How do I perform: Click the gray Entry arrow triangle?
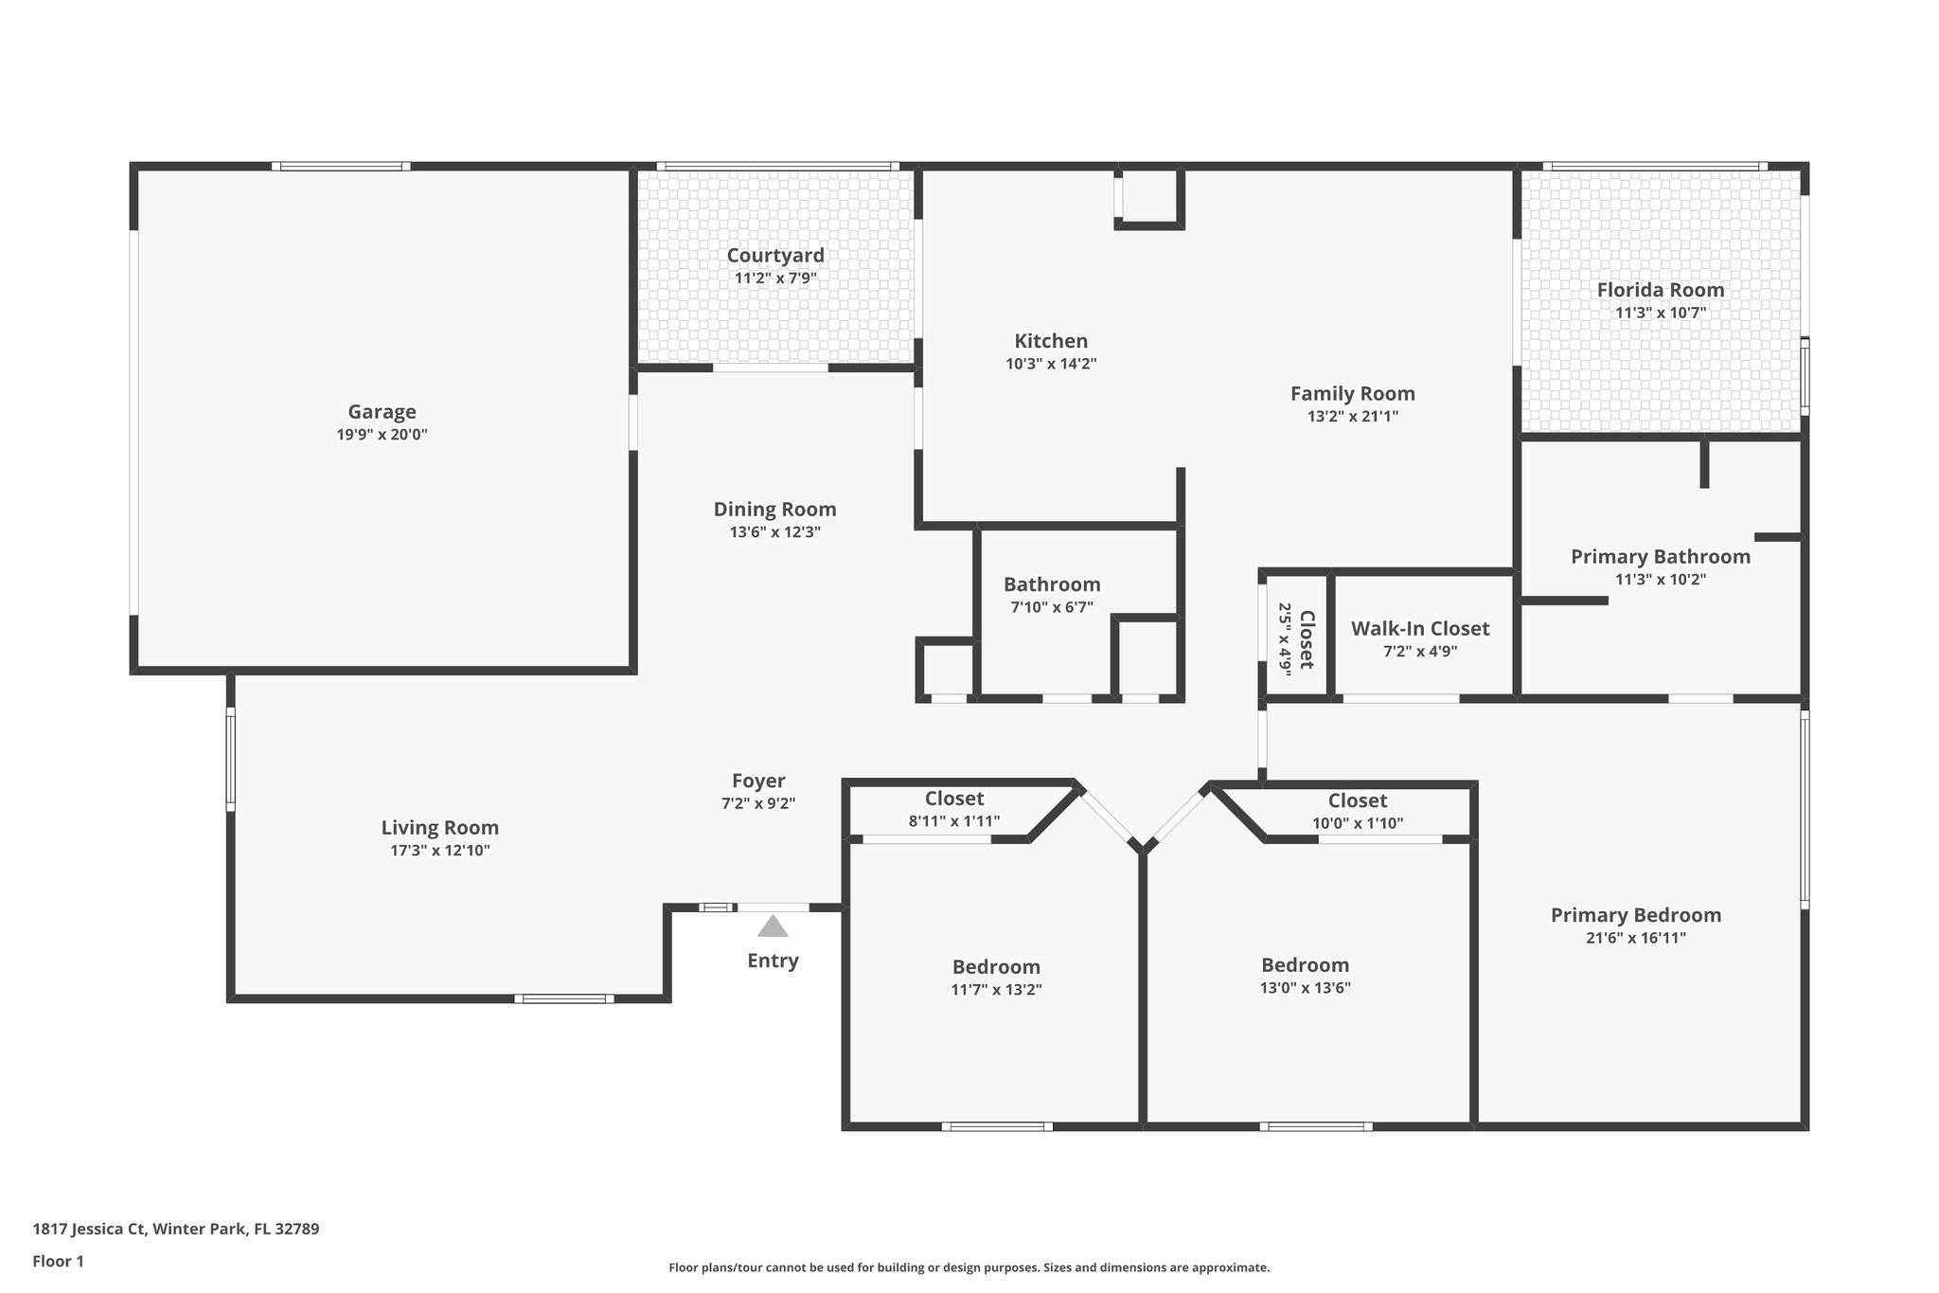[x=773, y=926]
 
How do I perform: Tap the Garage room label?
[x=382, y=412]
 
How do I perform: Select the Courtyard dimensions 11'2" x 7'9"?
[x=775, y=278]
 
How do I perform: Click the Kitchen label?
[x=1051, y=341]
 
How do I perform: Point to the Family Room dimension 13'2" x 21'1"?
[x=1352, y=416]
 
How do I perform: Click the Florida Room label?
[x=1661, y=290]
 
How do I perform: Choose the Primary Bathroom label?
[x=1661, y=557]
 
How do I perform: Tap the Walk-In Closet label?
[x=1419, y=629]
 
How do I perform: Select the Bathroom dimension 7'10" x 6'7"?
[x=1052, y=607]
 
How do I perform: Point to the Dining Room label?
[x=774, y=510]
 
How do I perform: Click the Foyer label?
[x=758, y=781]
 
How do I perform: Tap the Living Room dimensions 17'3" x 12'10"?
[x=440, y=851]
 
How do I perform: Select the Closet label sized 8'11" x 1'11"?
[x=954, y=799]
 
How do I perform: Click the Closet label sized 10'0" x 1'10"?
[x=1357, y=801]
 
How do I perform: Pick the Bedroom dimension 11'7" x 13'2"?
[x=996, y=990]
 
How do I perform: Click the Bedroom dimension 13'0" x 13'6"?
[x=1305, y=988]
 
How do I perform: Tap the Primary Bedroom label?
[x=1635, y=915]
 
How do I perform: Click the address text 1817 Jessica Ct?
[x=90, y=1230]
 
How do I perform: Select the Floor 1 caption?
[x=59, y=1262]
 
